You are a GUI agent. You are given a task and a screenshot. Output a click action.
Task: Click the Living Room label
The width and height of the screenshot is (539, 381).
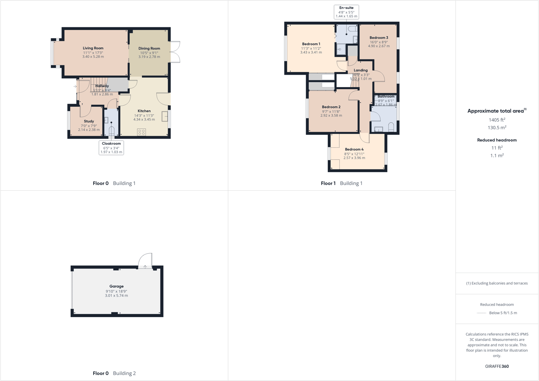pos(93,48)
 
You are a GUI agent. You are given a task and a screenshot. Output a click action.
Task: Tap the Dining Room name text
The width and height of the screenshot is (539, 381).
pos(149,49)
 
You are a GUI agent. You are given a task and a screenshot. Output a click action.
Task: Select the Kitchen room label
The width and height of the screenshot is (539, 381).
pos(144,111)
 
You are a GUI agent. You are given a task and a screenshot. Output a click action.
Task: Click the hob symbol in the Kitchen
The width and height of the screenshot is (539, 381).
pos(141,131)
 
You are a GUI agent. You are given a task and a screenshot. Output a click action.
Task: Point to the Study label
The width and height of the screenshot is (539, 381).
pos(89,121)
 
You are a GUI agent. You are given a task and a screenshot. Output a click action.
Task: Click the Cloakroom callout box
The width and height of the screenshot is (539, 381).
pos(111,148)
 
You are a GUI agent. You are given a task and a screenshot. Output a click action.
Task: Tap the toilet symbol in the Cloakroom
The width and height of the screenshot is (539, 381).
pos(112,130)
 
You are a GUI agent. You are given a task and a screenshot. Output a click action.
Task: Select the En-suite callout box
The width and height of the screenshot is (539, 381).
pos(346,12)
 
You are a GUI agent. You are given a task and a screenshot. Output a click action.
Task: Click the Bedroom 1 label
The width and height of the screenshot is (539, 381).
pos(311,44)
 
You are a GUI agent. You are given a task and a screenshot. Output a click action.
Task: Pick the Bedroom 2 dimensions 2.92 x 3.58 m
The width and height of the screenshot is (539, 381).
pos(331,116)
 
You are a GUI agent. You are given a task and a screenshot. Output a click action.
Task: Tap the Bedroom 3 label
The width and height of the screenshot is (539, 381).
pos(379,38)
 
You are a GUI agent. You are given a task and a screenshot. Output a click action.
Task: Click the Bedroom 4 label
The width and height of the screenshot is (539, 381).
pos(354,149)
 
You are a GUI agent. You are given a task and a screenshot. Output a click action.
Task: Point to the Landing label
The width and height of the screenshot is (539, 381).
pos(361,70)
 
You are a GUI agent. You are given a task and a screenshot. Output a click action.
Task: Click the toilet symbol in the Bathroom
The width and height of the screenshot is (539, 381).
pos(391,127)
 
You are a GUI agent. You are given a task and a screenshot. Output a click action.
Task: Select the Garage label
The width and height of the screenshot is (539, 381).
pos(116,286)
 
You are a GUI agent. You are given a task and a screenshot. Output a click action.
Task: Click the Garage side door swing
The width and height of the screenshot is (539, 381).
pos(145,261)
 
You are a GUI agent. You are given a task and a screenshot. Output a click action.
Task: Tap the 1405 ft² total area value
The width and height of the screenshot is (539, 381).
pos(497,120)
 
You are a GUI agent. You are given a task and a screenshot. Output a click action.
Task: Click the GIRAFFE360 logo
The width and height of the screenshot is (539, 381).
pos(497,366)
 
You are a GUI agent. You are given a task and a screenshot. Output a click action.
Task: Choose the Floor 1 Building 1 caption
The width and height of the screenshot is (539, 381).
pos(341,183)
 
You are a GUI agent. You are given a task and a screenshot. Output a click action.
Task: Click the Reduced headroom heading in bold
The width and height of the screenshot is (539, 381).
pos(497,140)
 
